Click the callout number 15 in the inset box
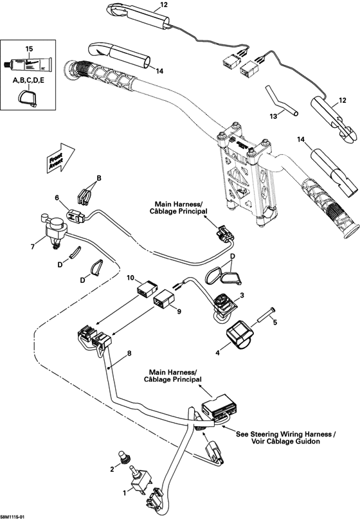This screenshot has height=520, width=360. click(28, 49)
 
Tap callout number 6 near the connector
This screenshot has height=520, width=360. click(57, 197)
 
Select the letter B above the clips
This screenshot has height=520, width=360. click(99, 177)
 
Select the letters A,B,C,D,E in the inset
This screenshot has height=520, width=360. click(29, 82)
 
